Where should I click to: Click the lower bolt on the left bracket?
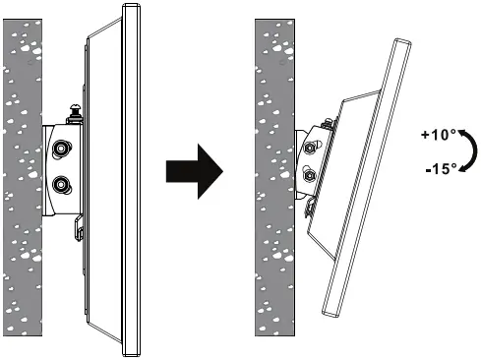pos(62,184)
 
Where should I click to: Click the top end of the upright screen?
pos(128,9)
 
